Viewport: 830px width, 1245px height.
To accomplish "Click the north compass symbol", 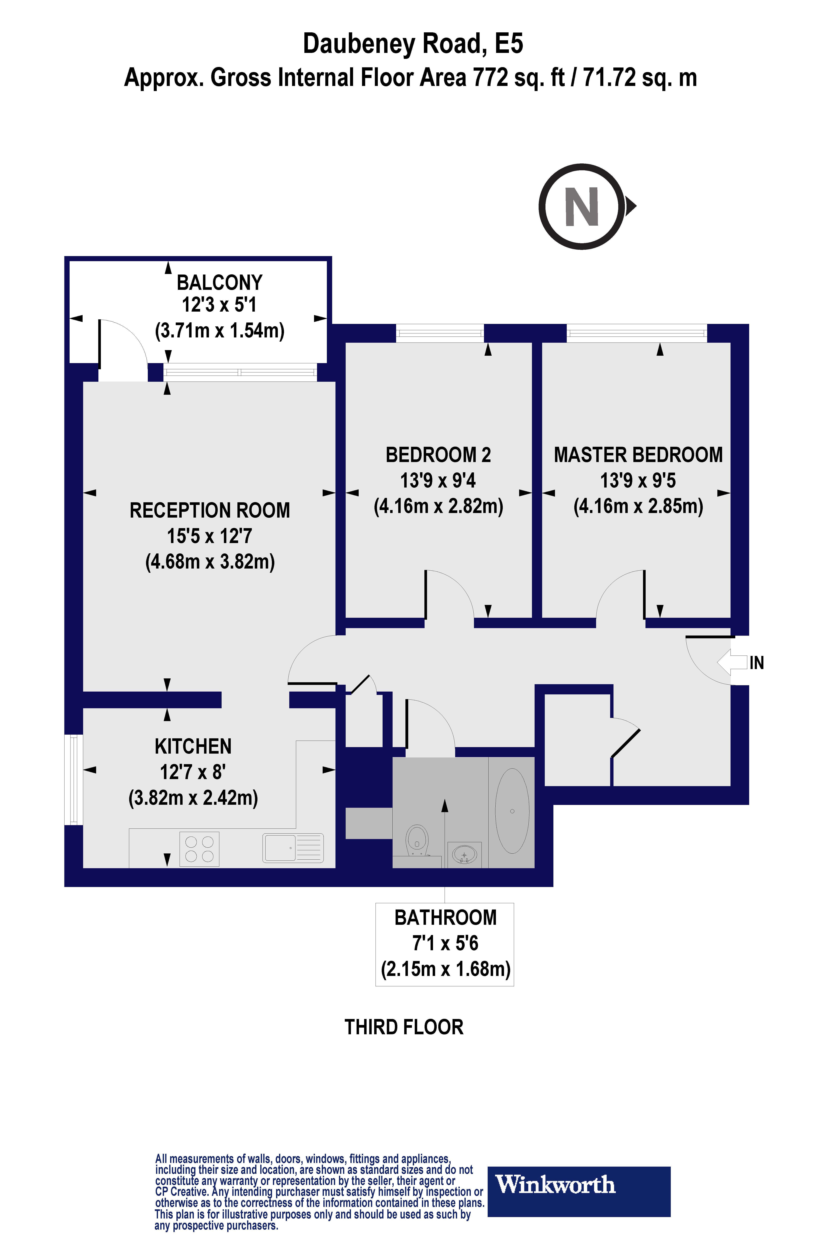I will (x=582, y=207).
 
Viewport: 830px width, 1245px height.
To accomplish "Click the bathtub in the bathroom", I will (x=512, y=811).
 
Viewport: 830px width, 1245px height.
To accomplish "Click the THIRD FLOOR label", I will (x=404, y=1027).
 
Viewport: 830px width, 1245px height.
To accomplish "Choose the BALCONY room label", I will (x=219, y=283).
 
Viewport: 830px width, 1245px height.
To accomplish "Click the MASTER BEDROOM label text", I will (x=638, y=455).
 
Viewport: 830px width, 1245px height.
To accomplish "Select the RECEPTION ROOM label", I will (x=210, y=511).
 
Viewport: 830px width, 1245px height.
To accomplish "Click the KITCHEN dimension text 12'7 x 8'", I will (x=193, y=772).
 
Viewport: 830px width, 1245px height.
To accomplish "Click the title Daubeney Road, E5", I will (x=413, y=44).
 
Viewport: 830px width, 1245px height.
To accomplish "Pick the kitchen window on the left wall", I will (x=74, y=779).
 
